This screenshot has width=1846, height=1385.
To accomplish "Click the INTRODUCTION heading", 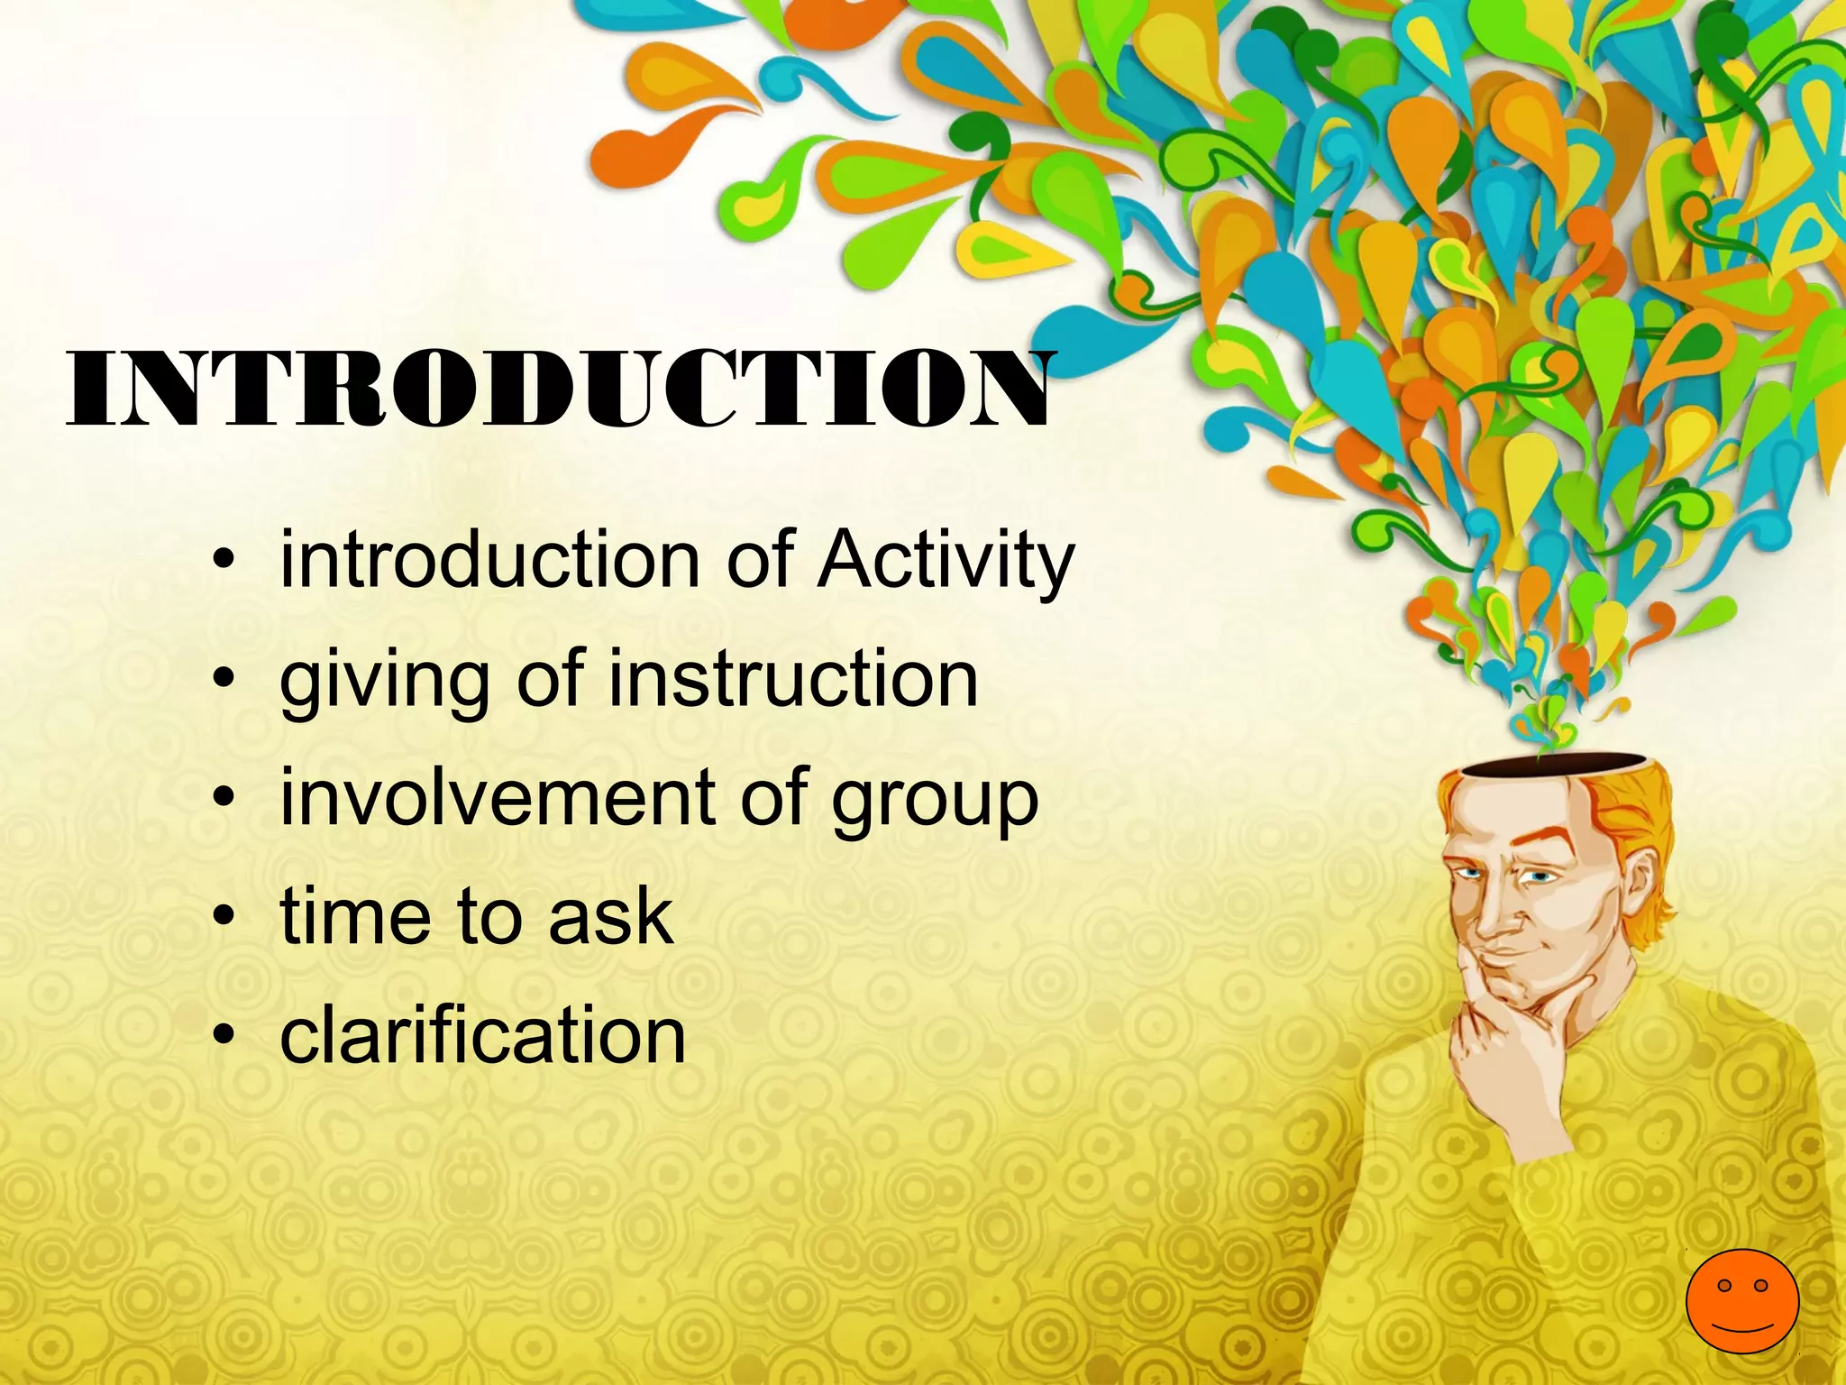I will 559,390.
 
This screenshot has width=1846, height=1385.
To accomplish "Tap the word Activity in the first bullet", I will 946,561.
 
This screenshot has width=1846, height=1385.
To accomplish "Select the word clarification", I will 483,1035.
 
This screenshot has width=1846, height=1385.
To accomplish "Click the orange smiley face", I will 1742,1301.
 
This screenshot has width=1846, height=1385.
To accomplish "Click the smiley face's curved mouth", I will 1741,1326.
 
